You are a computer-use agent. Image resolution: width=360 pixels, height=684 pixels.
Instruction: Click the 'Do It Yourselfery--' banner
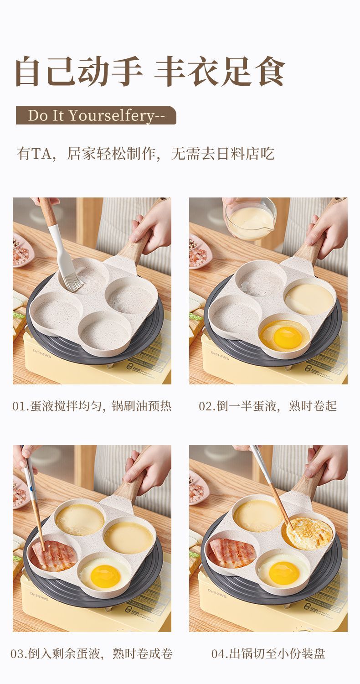[x=96, y=115]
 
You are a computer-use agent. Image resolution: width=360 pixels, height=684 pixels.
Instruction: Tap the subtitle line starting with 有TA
[x=145, y=154]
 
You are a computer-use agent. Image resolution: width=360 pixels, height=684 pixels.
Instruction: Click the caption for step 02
[x=267, y=406]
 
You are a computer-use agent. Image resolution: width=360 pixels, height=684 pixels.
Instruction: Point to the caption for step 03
[x=92, y=654]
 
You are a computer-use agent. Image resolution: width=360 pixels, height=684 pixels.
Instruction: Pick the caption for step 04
[x=268, y=654]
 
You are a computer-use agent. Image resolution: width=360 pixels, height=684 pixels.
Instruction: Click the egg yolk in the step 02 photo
[x=287, y=337]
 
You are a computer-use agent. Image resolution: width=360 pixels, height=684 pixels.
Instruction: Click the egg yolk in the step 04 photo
[x=283, y=573]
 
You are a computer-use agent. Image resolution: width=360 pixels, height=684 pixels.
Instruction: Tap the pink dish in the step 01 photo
[x=21, y=251]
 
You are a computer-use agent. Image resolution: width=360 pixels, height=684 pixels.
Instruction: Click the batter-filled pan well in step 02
[x=309, y=299]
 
